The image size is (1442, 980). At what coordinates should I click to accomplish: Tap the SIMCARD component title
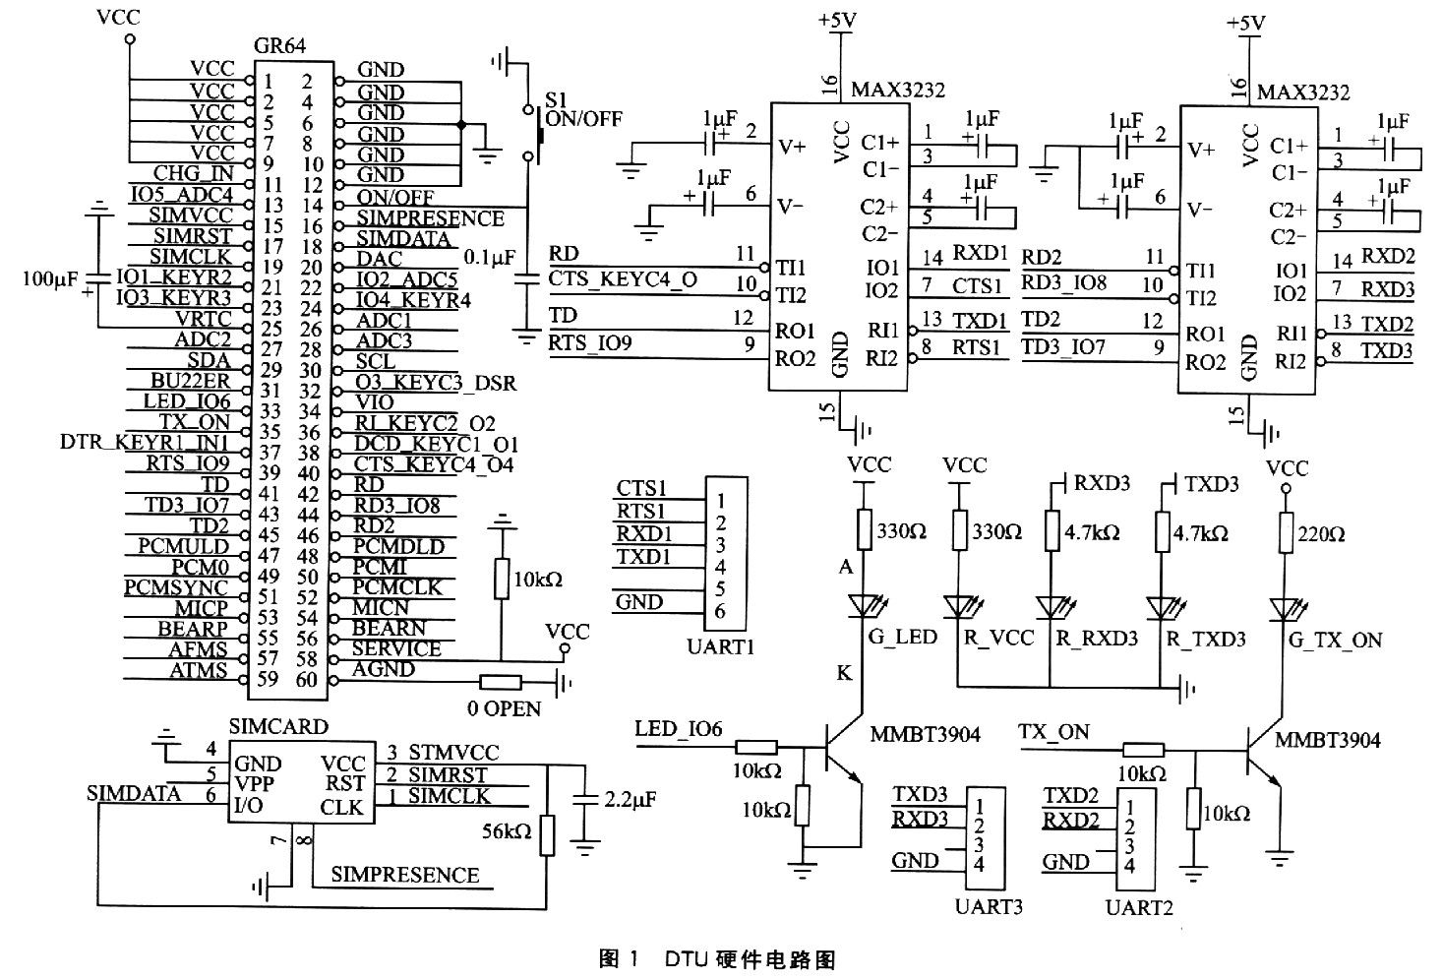click(278, 726)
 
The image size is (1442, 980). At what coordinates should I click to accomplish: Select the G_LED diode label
click(902, 638)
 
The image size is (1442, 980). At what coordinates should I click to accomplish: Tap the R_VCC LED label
click(997, 639)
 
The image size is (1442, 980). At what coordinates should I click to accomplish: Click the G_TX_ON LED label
click(1335, 641)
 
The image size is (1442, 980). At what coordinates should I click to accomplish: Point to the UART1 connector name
click(714, 646)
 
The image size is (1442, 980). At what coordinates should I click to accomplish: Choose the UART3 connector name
click(989, 906)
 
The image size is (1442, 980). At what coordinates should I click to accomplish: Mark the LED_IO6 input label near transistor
click(679, 729)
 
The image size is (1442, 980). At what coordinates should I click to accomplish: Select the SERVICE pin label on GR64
click(396, 648)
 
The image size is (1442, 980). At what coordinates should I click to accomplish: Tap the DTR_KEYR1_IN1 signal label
click(145, 443)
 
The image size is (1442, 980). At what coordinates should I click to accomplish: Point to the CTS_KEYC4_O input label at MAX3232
click(624, 279)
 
